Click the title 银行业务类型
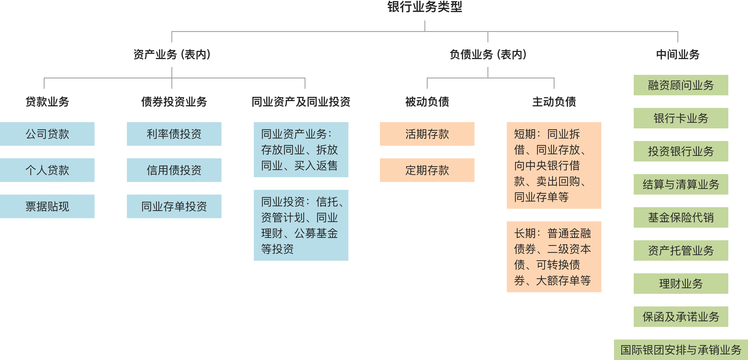click(x=425, y=7)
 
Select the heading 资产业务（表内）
click(x=172, y=54)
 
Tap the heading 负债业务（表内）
click(x=488, y=54)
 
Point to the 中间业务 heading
click(x=678, y=54)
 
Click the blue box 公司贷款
click(x=47, y=134)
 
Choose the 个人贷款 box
click(x=47, y=170)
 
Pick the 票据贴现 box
click(x=47, y=206)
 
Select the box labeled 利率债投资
click(x=174, y=134)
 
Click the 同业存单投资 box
click(x=174, y=206)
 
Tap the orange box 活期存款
click(x=427, y=134)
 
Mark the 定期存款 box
click(x=427, y=170)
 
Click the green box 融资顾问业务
click(x=681, y=85)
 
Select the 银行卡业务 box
click(x=681, y=118)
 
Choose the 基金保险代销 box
click(x=681, y=217)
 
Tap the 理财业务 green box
click(x=681, y=284)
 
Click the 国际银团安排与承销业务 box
click(x=681, y=350)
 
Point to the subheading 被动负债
click(x=427, y=102)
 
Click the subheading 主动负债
click(x=554, y=102)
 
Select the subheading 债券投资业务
click(x=174, y=102)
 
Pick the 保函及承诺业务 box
click(x=681, y=317)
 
